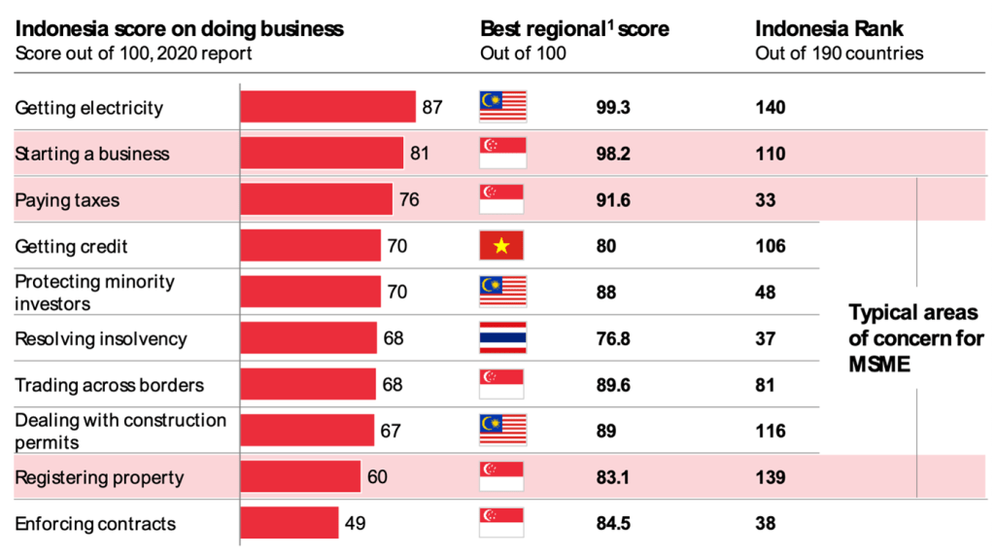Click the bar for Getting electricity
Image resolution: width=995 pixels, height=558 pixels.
(x=328, y=107)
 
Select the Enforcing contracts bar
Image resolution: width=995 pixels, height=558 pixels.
(x=290, y=523)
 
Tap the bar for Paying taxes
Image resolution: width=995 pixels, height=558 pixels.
(x=317, y=199)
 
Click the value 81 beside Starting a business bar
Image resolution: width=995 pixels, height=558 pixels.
(x=420, y=154)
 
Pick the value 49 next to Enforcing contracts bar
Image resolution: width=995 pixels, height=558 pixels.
(x=355, y=523)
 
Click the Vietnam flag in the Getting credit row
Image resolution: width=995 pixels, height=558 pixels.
(x=501, y=246)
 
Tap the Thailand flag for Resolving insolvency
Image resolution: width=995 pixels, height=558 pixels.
(x=501, y=338)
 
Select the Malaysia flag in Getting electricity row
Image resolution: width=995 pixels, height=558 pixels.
(x=501, y=107)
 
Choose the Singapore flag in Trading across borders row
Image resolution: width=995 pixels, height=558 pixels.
(x=501, y=384)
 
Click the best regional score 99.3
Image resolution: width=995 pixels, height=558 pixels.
(x=613, y=107)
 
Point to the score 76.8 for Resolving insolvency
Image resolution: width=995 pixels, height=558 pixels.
(x=613, y=338)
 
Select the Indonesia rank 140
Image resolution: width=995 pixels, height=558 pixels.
(x=771, y=107)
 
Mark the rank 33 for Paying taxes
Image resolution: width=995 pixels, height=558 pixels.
(x=766, y=199)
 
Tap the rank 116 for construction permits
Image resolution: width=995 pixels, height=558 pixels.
(x=771, y=431)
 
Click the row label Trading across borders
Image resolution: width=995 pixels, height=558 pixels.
(x=109, y=385)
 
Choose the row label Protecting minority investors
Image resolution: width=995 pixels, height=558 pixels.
(x=94, y=292)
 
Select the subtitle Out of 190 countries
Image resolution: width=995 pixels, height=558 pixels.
(x=839, y=52)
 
